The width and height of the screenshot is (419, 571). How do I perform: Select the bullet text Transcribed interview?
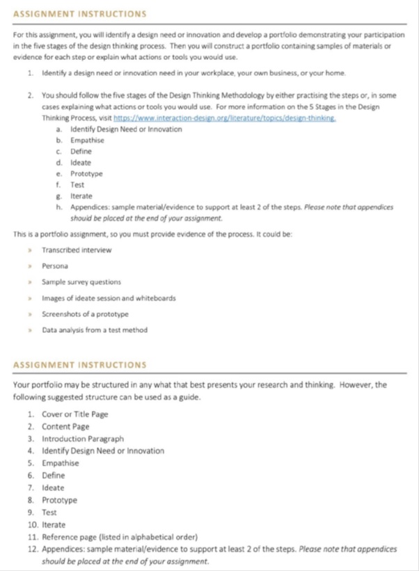77,250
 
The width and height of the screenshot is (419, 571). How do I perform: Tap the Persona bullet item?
54,266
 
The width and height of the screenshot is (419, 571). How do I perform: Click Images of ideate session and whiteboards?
109,298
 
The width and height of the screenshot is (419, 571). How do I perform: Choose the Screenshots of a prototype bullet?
85,314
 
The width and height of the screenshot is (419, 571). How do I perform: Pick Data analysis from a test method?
95,330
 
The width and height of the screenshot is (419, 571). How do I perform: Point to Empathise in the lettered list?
87,141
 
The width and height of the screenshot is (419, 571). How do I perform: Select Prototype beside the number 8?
59,500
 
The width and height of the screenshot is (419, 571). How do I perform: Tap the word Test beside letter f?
77,185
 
